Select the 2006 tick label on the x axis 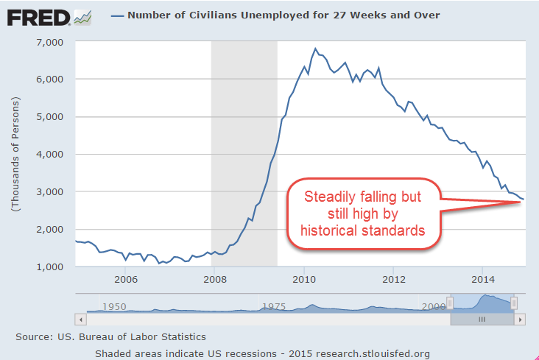[126, 280]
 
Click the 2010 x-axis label [303, 280]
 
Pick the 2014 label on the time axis [482, 280]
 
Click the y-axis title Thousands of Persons [15, 155]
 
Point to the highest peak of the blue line [315, 49]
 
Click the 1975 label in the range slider [274, 306]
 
